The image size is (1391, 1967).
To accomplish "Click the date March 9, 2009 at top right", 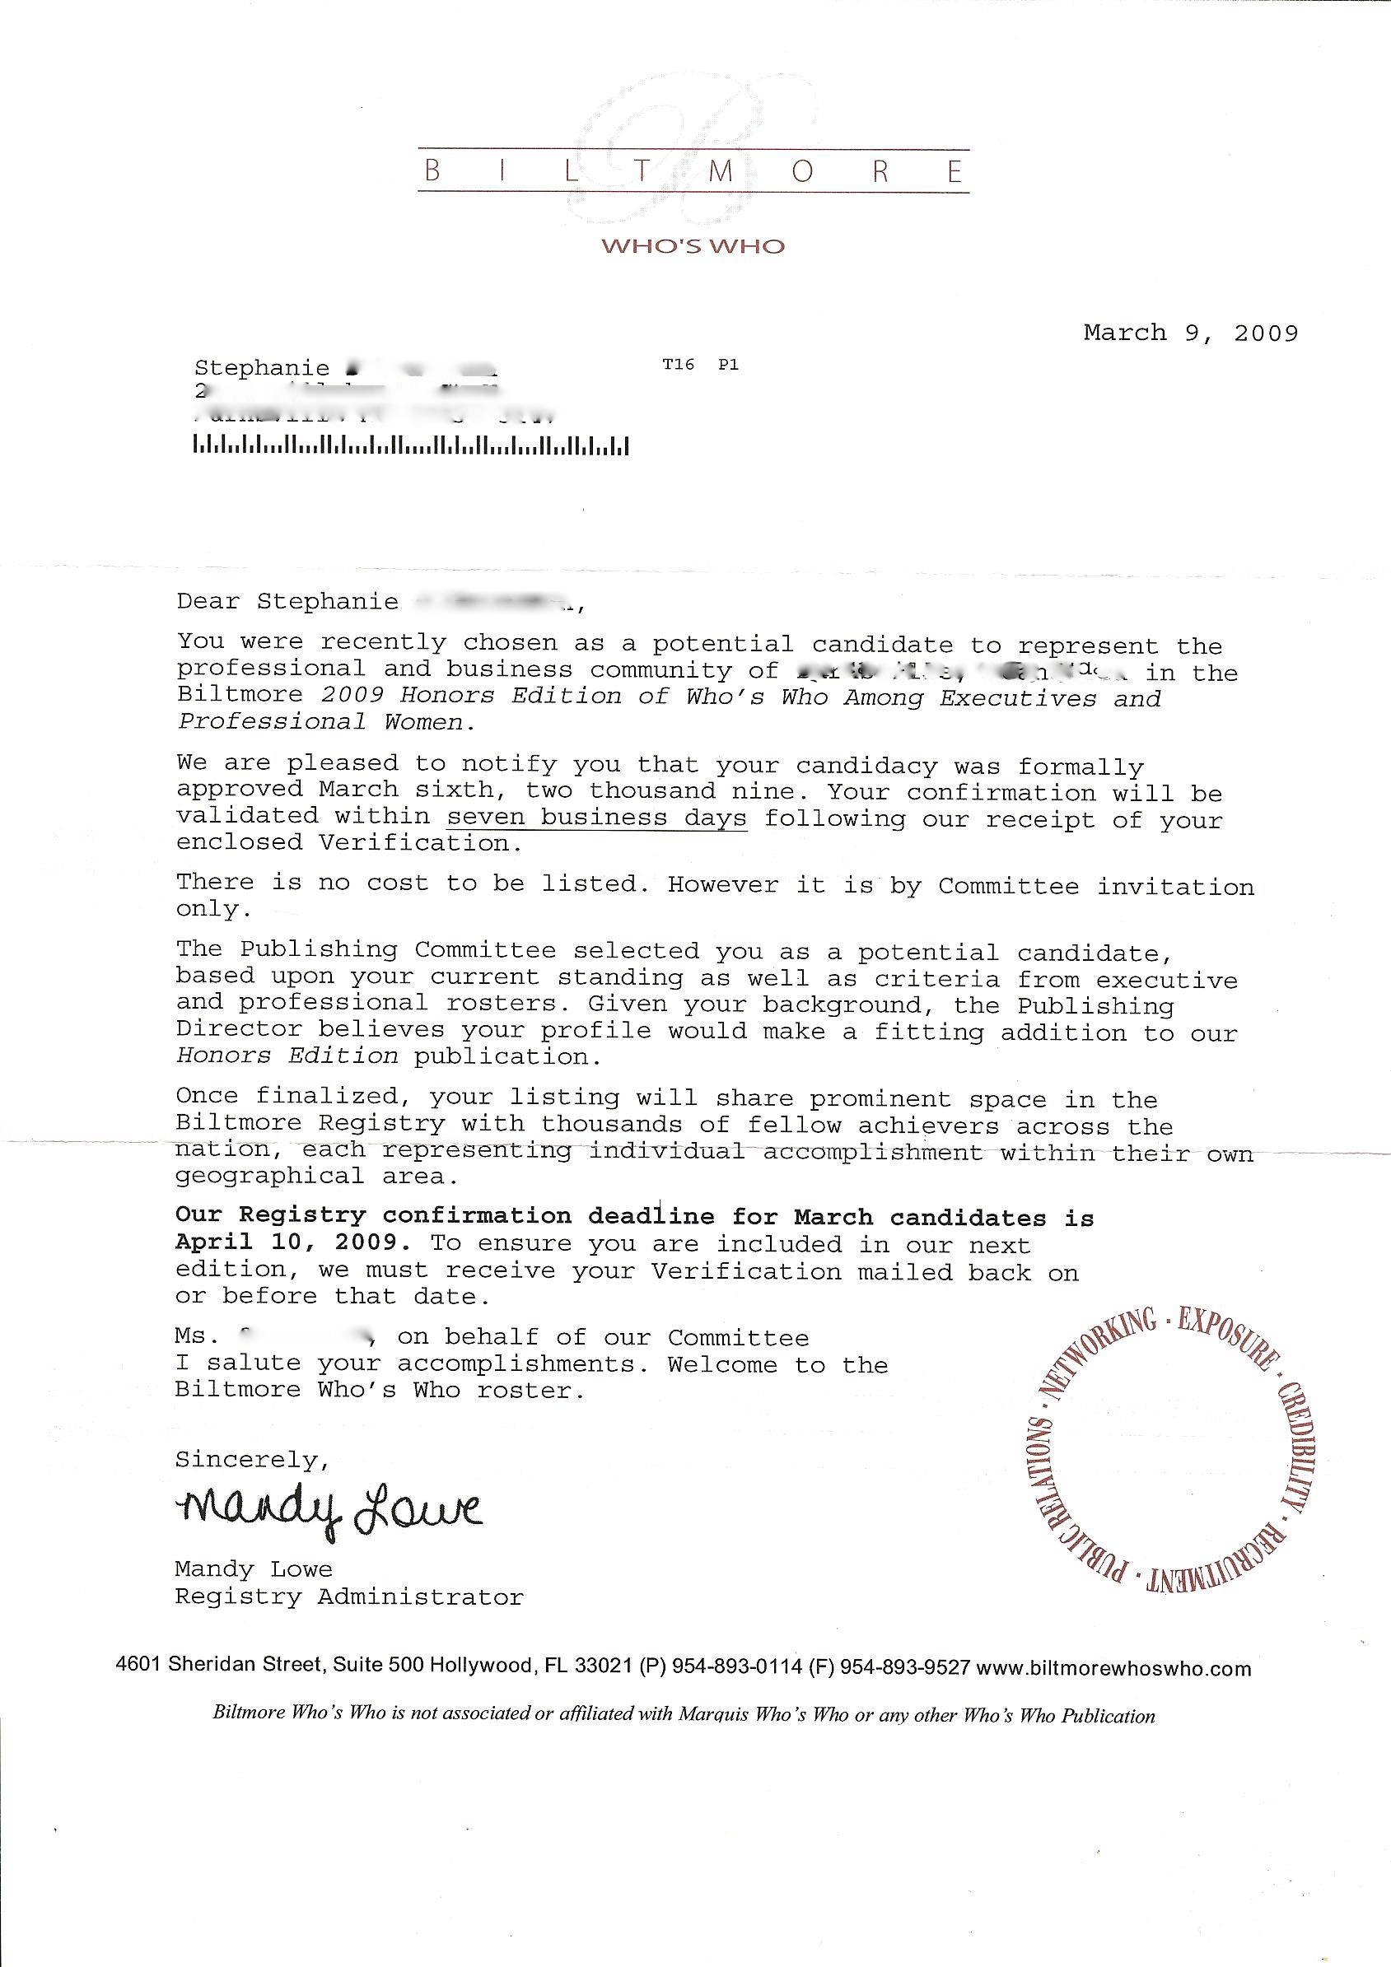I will point(1190,333).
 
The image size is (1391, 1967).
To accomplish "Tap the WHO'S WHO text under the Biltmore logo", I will point(693,247).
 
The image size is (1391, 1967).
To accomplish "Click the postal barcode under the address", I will point(412,445).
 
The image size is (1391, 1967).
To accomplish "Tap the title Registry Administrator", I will point(349,1597).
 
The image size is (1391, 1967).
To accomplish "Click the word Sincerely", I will point(252,1459).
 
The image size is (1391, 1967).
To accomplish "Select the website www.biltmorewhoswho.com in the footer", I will point(1113,1668).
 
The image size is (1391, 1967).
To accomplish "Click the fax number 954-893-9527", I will point(904,1668).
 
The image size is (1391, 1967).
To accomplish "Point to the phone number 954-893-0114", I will point(737,1668).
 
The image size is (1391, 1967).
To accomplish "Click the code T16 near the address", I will point(678,365).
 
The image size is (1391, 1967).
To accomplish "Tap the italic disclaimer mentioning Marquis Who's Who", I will point(683,1715).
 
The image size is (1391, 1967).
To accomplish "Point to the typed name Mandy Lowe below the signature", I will point(253,1569).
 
